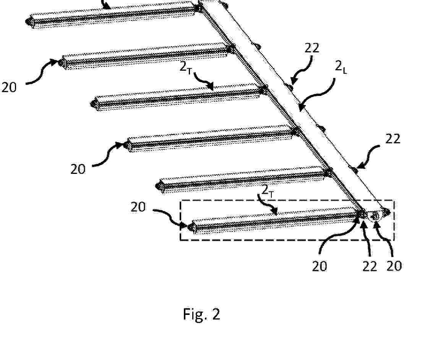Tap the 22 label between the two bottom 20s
(370, 266)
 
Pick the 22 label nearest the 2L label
(312, 48)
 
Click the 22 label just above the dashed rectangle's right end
(393, 139)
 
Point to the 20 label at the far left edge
(9, 88)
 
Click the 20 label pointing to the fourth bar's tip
(78, 169)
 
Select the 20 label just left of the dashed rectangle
(138, 207)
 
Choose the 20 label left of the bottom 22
(320, 266)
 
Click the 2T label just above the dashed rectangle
(268, 191)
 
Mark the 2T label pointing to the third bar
(186, 67)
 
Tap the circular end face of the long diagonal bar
(375, 216)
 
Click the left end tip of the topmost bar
(26, 21)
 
